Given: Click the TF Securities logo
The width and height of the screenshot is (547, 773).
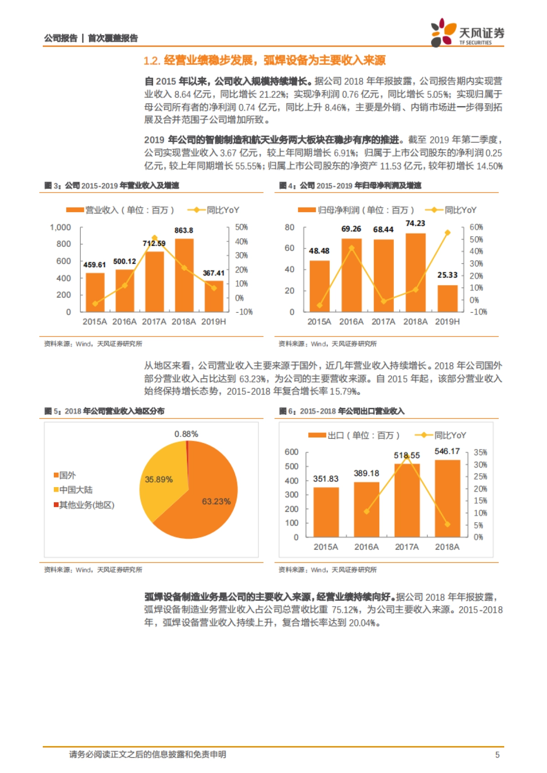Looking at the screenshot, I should [x=467, y=33].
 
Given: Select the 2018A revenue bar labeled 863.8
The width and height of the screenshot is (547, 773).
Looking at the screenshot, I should [x=184, y=275].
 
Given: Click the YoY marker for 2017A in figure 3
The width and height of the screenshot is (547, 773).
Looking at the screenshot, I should [x=154, y=238].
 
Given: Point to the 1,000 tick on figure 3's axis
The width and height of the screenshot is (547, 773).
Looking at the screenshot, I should [x=61, y=227].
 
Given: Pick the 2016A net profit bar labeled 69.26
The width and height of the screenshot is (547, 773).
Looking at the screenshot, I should [x=351, y=275].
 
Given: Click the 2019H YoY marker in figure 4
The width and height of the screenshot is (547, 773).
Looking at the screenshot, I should [x=447, y=233].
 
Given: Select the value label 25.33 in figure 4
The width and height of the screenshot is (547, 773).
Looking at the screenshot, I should [x=447, y=275].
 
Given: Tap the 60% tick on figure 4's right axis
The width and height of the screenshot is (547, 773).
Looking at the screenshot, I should [x=476, y=227].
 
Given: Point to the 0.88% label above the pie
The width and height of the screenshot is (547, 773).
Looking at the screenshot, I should [x=186, y=434].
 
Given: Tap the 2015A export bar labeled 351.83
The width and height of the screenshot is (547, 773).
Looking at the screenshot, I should [x=326, y=512].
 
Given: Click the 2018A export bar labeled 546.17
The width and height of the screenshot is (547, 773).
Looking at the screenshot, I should [x=447, y=498].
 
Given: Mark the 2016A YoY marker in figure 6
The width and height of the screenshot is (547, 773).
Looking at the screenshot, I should [x=366, y=511].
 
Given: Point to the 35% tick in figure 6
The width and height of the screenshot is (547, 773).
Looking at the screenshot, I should [x=480, y=453].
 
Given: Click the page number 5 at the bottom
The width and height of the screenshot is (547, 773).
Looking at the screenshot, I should [x=497, y=755].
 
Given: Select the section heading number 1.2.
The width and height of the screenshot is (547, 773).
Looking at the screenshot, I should [x=151, y=61].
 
